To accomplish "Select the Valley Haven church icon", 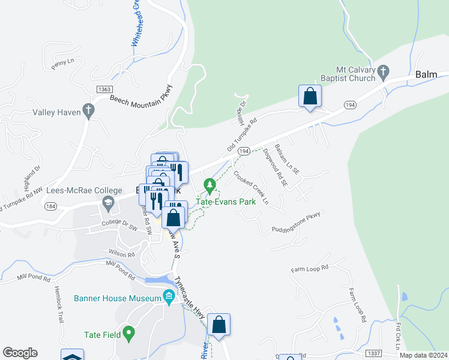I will coord(88,111).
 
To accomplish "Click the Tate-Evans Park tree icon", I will coord(209,184).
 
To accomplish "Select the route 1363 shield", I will coord(103,89).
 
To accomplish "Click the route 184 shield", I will coord(50,206).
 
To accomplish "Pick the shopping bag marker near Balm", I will coord(310,96).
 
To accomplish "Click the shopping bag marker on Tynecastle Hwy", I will coord(220,325).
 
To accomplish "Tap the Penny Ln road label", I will coord(62,64).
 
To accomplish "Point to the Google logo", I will coord(20,353).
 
